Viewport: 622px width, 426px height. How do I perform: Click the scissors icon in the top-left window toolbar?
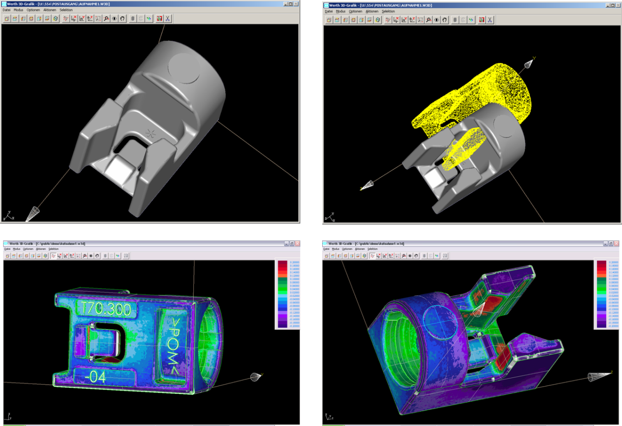pos(167,18)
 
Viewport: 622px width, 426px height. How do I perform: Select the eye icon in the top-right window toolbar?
pos(436,20)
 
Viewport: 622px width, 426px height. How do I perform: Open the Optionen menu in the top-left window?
pos(34,10)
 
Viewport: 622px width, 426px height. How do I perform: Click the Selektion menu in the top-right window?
pos(388,11)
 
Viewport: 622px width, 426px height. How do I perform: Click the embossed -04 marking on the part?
pos(96,377)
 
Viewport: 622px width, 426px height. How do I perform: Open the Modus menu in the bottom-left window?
pos(17,249)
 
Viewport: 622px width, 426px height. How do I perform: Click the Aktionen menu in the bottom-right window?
pos(360,249)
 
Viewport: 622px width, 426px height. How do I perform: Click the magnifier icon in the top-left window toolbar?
pos(106,18)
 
